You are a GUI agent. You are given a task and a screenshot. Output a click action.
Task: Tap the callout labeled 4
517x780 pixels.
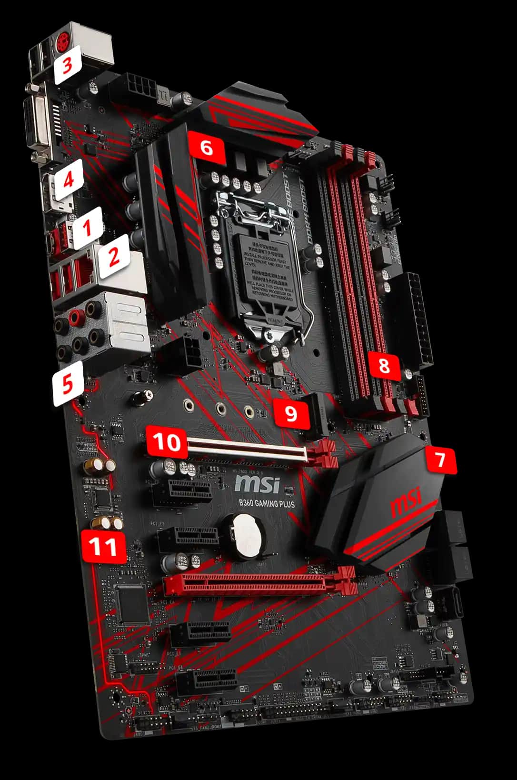(x=69, y=180)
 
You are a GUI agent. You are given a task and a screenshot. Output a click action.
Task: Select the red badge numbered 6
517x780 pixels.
(x=206, y=148)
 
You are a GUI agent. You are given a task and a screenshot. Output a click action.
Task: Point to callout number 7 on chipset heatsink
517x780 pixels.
(x=440, y=460)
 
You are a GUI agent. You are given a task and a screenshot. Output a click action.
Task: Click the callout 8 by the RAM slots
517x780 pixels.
(x=384, y=366)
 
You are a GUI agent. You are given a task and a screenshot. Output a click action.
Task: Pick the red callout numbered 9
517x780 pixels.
(x=291, y=412)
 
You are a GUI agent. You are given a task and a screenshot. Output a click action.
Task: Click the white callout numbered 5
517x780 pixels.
(x=68, y=384)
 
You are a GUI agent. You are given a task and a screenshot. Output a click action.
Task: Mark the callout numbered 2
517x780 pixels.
(x=114, y=258)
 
